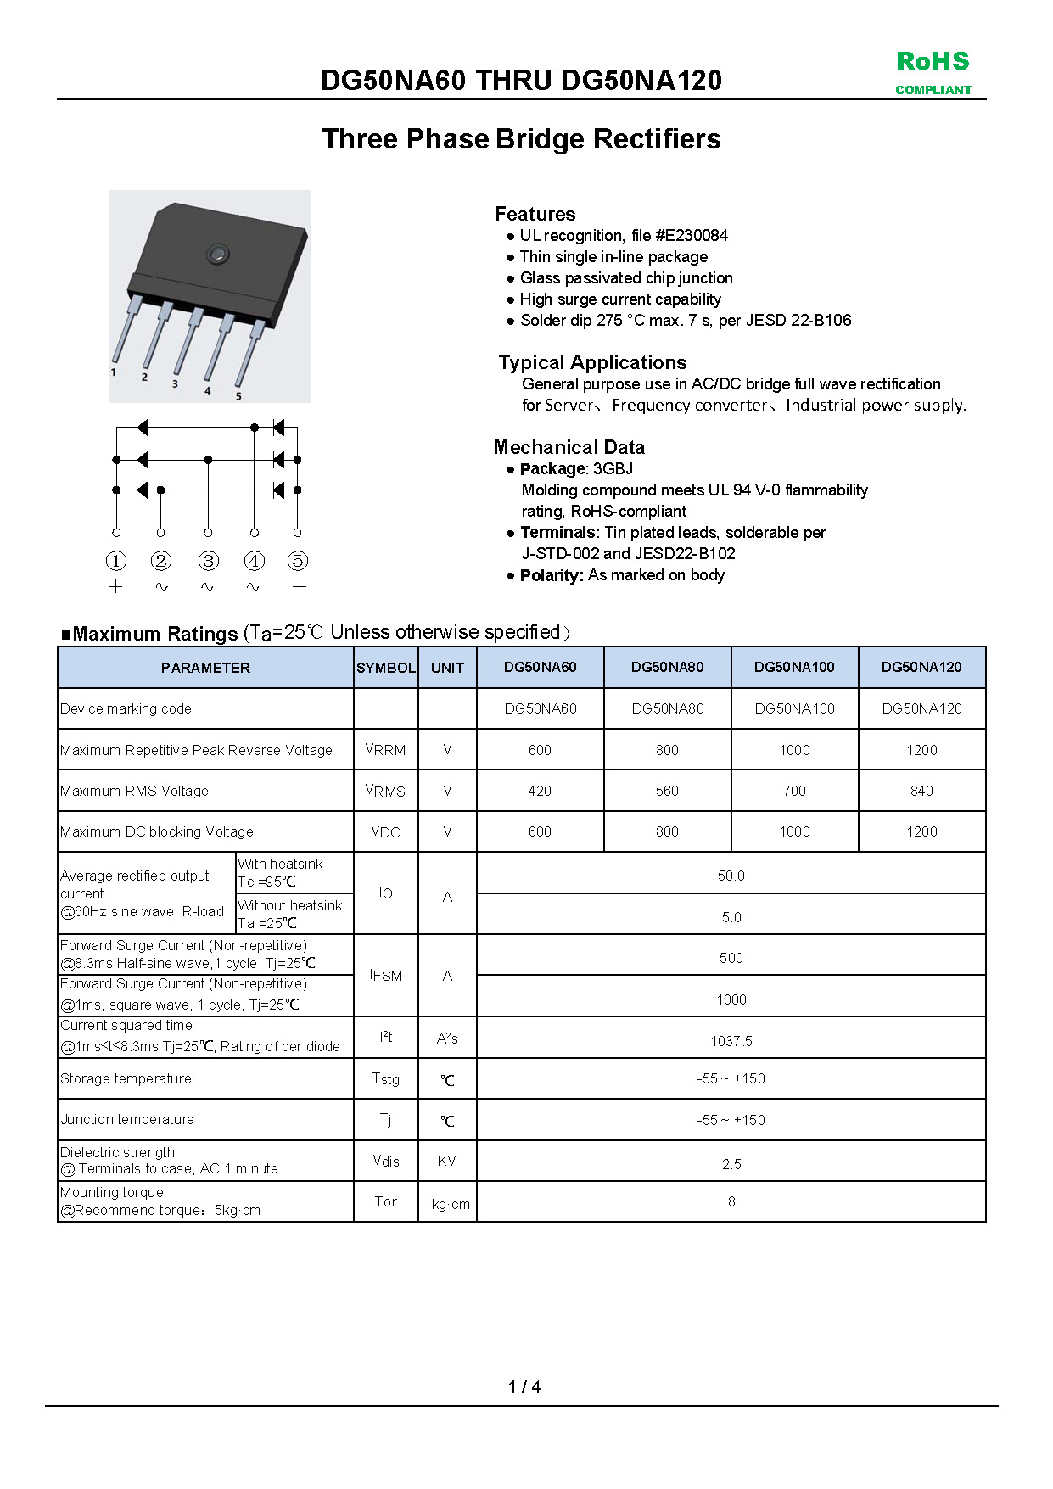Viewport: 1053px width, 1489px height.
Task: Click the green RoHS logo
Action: [x=933, y=62]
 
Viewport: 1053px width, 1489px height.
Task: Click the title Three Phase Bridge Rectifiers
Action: [x=521, y=139]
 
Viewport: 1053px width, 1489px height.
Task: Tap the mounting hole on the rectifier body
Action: [x=217, y=253]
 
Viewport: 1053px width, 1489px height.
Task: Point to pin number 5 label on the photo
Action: [x=238, y=396]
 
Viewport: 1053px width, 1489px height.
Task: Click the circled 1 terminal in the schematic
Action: [x=116, y=561]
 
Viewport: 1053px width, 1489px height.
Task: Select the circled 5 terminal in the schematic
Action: [x=297, y=561]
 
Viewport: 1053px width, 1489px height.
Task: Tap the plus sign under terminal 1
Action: [x=116, y=587]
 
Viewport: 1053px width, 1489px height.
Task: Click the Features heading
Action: [x=535, y=214]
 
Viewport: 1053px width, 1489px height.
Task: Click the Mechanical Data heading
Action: [x=569, y=447]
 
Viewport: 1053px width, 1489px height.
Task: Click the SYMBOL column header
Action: [x=386, y=668]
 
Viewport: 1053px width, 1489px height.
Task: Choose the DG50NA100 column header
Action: [x=794, y=668]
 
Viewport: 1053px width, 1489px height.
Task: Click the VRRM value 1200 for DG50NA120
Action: [x=921, y=750]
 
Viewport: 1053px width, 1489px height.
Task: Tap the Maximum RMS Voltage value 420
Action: [x=540, y=791]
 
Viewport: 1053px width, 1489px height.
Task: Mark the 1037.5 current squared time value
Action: [x=731, y=1041]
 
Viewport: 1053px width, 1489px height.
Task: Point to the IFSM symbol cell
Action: [x=386, y=976]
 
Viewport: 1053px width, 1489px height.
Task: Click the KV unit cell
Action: [x=447, y=1161]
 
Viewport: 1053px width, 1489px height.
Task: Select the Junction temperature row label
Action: [x=127, y=1120]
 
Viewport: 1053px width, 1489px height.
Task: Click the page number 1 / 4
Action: [x=524, y=1387]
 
